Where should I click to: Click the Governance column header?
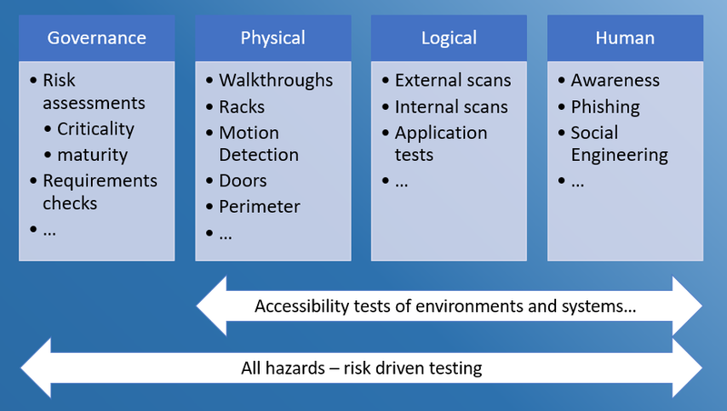(x=96, y=38)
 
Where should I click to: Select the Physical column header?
(x=273, y=38)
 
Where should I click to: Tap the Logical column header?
(x=449, y=38)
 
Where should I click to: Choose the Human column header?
(x=624, y=38)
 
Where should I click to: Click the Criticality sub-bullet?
(x=95, y=129)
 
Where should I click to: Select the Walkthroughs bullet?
(x=275, y=81)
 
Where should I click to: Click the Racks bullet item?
(x=242, y=107)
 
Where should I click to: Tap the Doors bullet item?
(x=244, y=181)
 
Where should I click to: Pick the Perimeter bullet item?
(x=259, y=207)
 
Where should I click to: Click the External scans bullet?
(x=453, y=81)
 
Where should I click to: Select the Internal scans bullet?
(x=451, y=107)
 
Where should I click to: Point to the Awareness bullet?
(x=615, y=81)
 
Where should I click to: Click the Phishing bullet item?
(x=605, y=107)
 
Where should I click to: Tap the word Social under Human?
(x=594, y=133)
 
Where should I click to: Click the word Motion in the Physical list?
(x=249, y=133)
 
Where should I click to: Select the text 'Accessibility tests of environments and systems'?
(x=445, y=306)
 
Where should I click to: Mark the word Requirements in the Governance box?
(x=100, y=181)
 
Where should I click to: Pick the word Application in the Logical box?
(x=441, y=133)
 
